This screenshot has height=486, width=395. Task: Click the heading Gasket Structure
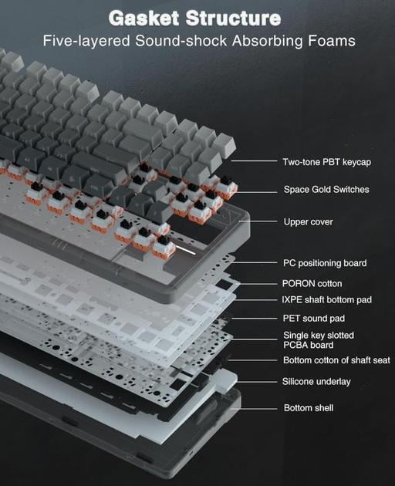coord(194,18)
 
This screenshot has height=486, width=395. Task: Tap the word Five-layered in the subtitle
coord(86,41)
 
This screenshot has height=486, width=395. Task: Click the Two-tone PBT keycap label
coord(327,162)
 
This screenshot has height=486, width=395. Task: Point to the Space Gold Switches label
coord(326,189)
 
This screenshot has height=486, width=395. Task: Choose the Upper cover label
coord(308,222)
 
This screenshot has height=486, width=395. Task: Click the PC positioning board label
coord(325,263)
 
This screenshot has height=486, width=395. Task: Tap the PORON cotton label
coord(312,284)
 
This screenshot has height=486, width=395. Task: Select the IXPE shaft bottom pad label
coord(326,300)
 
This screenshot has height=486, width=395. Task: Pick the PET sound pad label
coord(314,319)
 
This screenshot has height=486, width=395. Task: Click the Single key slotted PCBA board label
coord(319,340)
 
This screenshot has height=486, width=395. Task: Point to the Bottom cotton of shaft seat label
coord(336,360)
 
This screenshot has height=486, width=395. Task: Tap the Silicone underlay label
coord(316,382)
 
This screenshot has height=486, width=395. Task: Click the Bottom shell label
coord(309,407)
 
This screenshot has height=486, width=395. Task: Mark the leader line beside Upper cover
coord(258,221)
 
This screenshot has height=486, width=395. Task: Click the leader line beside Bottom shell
coord(254,409)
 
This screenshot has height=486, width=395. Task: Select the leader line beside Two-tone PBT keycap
coord(254,161)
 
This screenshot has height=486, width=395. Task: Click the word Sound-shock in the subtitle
coord(181,41)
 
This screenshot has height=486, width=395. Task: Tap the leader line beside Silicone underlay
coord(258,382)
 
